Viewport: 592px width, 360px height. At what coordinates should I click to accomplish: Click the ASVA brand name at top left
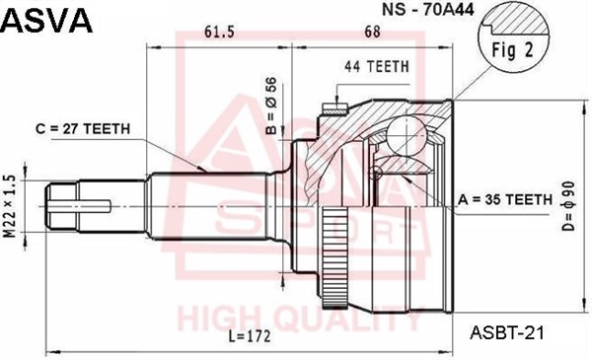coord(46,19)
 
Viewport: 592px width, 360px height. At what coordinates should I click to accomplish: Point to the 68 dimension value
coord(372,33)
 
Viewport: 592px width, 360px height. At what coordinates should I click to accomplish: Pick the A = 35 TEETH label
coord(504,199)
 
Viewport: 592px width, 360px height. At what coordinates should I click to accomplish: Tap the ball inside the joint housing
coord(406,133)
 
